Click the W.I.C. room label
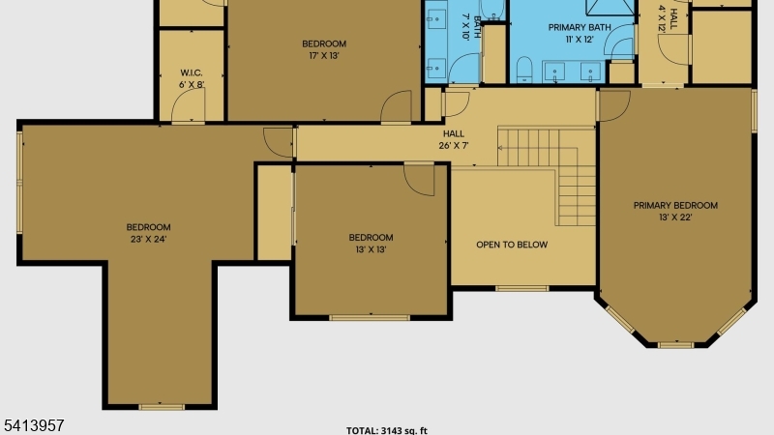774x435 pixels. click(x=191, y=73)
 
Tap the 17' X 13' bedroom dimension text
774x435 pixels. click(x=324, y=56)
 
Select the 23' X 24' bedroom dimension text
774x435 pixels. click(x=148, y=239)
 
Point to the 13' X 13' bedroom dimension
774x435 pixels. click(x=371, y=249)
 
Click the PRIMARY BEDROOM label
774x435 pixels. click(x=675, y=205)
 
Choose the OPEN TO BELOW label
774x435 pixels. click(x=512, y=245)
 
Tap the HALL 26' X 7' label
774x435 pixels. click(x=453, y=139)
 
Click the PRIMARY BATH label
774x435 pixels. click(x=580, y=28)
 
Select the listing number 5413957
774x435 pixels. click(x=34, y=425)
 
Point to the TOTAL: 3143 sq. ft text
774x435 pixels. click(x=386, y=430)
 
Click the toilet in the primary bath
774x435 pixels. click(x=524, y=70)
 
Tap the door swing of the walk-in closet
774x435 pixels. click(x=188, y=104)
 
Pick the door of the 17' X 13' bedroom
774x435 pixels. click(x=396, y=105)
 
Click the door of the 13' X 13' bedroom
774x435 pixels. click(x=419, y=179)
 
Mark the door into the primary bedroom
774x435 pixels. click(x=613, y=105)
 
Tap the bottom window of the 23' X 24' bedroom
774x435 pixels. click(x=162, y=407)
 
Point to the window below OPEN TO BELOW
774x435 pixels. click(x=521, y=288)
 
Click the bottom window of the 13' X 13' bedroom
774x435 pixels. click(x=370, y=318)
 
